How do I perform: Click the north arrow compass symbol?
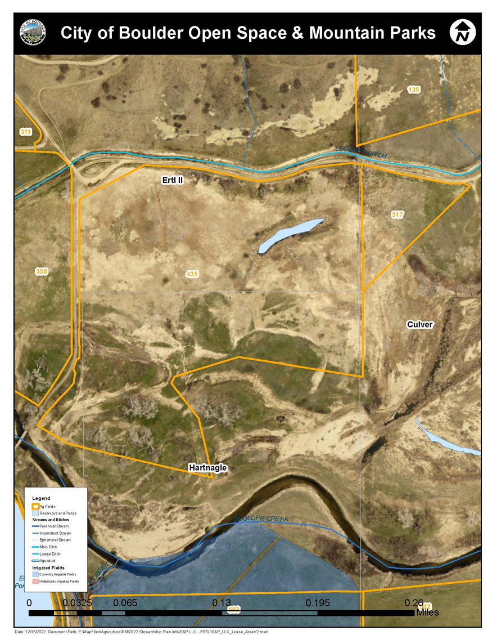(463, 32)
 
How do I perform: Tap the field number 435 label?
(192, 274)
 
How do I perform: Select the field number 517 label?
(397, 214)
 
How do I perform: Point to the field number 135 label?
(414, 90)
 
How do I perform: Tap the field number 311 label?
(25, 132)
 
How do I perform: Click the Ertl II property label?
(170, 180)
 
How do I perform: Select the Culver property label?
(419, 325)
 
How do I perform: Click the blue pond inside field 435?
(290, 236)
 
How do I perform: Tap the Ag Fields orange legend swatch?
(35, 507)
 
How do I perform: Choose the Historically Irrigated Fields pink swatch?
(35, 580)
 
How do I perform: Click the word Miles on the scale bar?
(427, 612)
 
